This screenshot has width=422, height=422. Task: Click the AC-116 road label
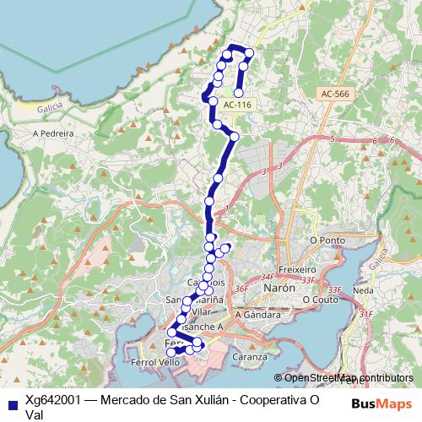[x=238, y=105]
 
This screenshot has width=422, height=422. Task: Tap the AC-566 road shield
[x=334, y=95]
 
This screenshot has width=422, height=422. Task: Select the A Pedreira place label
[x=53, y=133]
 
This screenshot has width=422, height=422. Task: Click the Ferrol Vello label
[x=157, y=362]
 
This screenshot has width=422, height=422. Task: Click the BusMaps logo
[x=380, y=404]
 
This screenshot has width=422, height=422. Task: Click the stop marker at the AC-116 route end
[x=239, y=93]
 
